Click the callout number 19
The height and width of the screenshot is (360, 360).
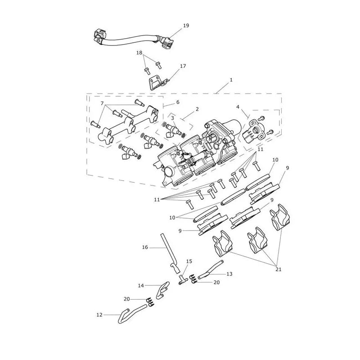(186, 26)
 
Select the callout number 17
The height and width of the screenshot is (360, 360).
(183, 66)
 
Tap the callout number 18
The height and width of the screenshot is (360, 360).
(139, 53)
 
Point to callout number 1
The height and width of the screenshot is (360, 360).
(231, 80)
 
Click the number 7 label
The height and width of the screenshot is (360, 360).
(102, 103)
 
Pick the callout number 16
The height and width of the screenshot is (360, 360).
(145, 247)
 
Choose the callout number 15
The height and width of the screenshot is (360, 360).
(189, 261)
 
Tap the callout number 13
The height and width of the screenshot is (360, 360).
(229, 274)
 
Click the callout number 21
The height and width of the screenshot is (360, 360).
(278, 269)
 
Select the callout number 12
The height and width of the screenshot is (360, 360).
(99, 315)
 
